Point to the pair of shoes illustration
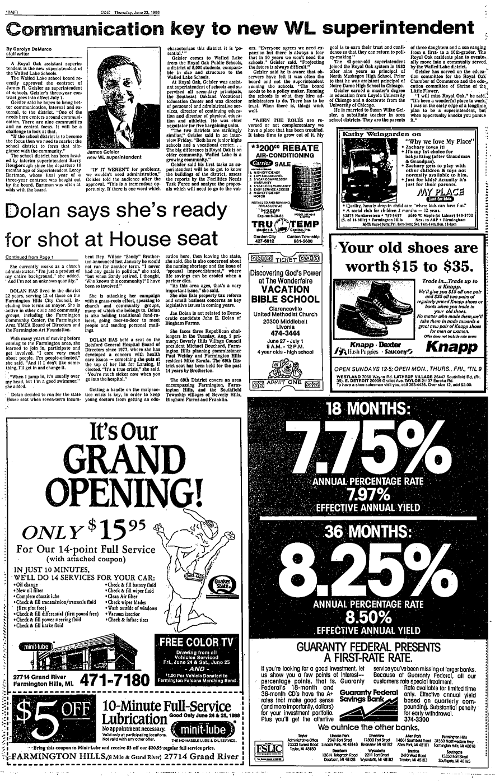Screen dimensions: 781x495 click(x=363, y=306)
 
